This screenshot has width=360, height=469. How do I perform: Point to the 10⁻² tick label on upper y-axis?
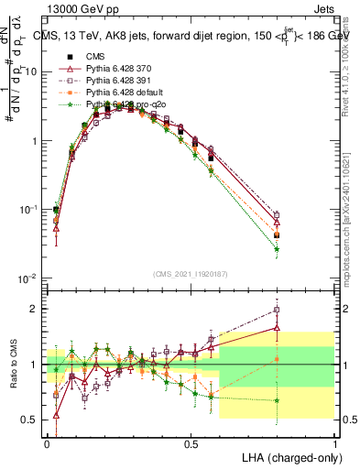tap(27, 278)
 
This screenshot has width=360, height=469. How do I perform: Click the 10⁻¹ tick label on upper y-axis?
tap(27, 209)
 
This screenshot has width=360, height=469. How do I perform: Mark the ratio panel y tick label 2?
tap(36, 309)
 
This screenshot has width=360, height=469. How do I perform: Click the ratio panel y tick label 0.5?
tap(32, 420)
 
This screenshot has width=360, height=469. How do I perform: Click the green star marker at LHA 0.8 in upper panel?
tap(277, 249)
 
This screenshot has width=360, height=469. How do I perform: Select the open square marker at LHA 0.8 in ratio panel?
tap(277, 310)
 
